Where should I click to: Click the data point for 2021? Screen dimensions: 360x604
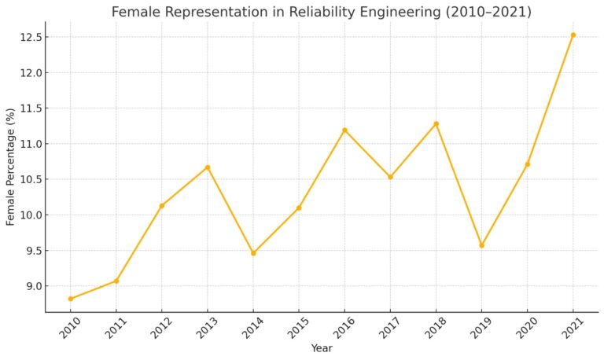pos(573,35)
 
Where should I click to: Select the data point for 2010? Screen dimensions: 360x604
pos(71,299)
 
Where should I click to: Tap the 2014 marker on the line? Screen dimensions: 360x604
pos(253,253)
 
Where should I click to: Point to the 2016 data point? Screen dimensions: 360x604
pos(344,130)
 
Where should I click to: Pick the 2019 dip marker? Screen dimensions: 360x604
pos(481,245)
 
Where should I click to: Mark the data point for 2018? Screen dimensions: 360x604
pos(436,123)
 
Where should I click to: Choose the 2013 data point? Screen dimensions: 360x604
pos(208,167)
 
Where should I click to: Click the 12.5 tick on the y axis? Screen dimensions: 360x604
pos(33,37)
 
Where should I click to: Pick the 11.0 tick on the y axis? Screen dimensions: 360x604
pos(33,144)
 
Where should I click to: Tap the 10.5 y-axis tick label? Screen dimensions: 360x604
pos(33,179)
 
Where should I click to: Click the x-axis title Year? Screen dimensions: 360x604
pos(322,348)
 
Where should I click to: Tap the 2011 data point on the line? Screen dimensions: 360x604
pos(116,281)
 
